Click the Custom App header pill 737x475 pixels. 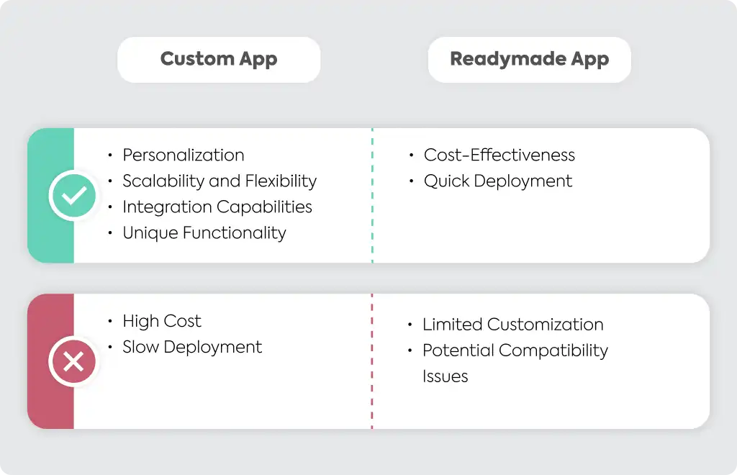click(x=219, y=60)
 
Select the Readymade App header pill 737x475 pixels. click(x=529, y=60)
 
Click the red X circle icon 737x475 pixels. click(x=73, y=362)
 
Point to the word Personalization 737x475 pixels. click(x=184, y=155)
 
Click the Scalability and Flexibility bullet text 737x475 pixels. click(x=220, y=181)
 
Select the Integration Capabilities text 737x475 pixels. click(x=217, y=207)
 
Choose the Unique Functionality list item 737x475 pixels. click(x=204, y=232)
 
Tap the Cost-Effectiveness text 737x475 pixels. click(x=499, y=155)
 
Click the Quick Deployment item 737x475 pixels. click(x=498, y=181)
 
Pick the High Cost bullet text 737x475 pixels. click(x=162, y=321)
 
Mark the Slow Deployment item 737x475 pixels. click(x=192, y=347)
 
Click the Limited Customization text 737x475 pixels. click(x=512, y=324)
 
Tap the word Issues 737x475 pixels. click(x=445, y=376)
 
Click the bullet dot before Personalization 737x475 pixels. click(x=110, y=155)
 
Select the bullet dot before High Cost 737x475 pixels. click(x=110, y=321)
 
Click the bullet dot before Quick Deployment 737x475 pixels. click(x=411, y=181)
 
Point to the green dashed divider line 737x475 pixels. click(x=372, y=196)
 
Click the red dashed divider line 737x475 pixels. click(x=372, y=361)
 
